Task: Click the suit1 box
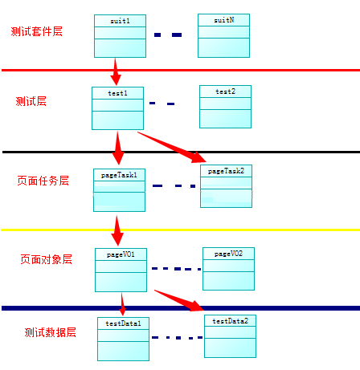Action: tap(120, 36)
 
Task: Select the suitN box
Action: tap(223, 35)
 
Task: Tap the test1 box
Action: tap(117, 108)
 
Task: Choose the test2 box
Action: tap(225, 107)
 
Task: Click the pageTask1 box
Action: tap(120, 190)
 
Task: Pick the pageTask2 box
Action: tap(226, 186)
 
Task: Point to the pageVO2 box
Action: tap(228, 268)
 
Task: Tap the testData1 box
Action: tap(124, 339)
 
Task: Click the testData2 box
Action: tap(230, 335)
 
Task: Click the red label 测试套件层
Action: tap(37, 31)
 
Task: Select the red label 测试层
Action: tap(31, 101)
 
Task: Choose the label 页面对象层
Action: tap(46, 259)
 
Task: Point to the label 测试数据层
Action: tap(50, 331)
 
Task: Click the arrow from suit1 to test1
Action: tap(116, 72)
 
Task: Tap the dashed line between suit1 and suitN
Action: tap(168, 35)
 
